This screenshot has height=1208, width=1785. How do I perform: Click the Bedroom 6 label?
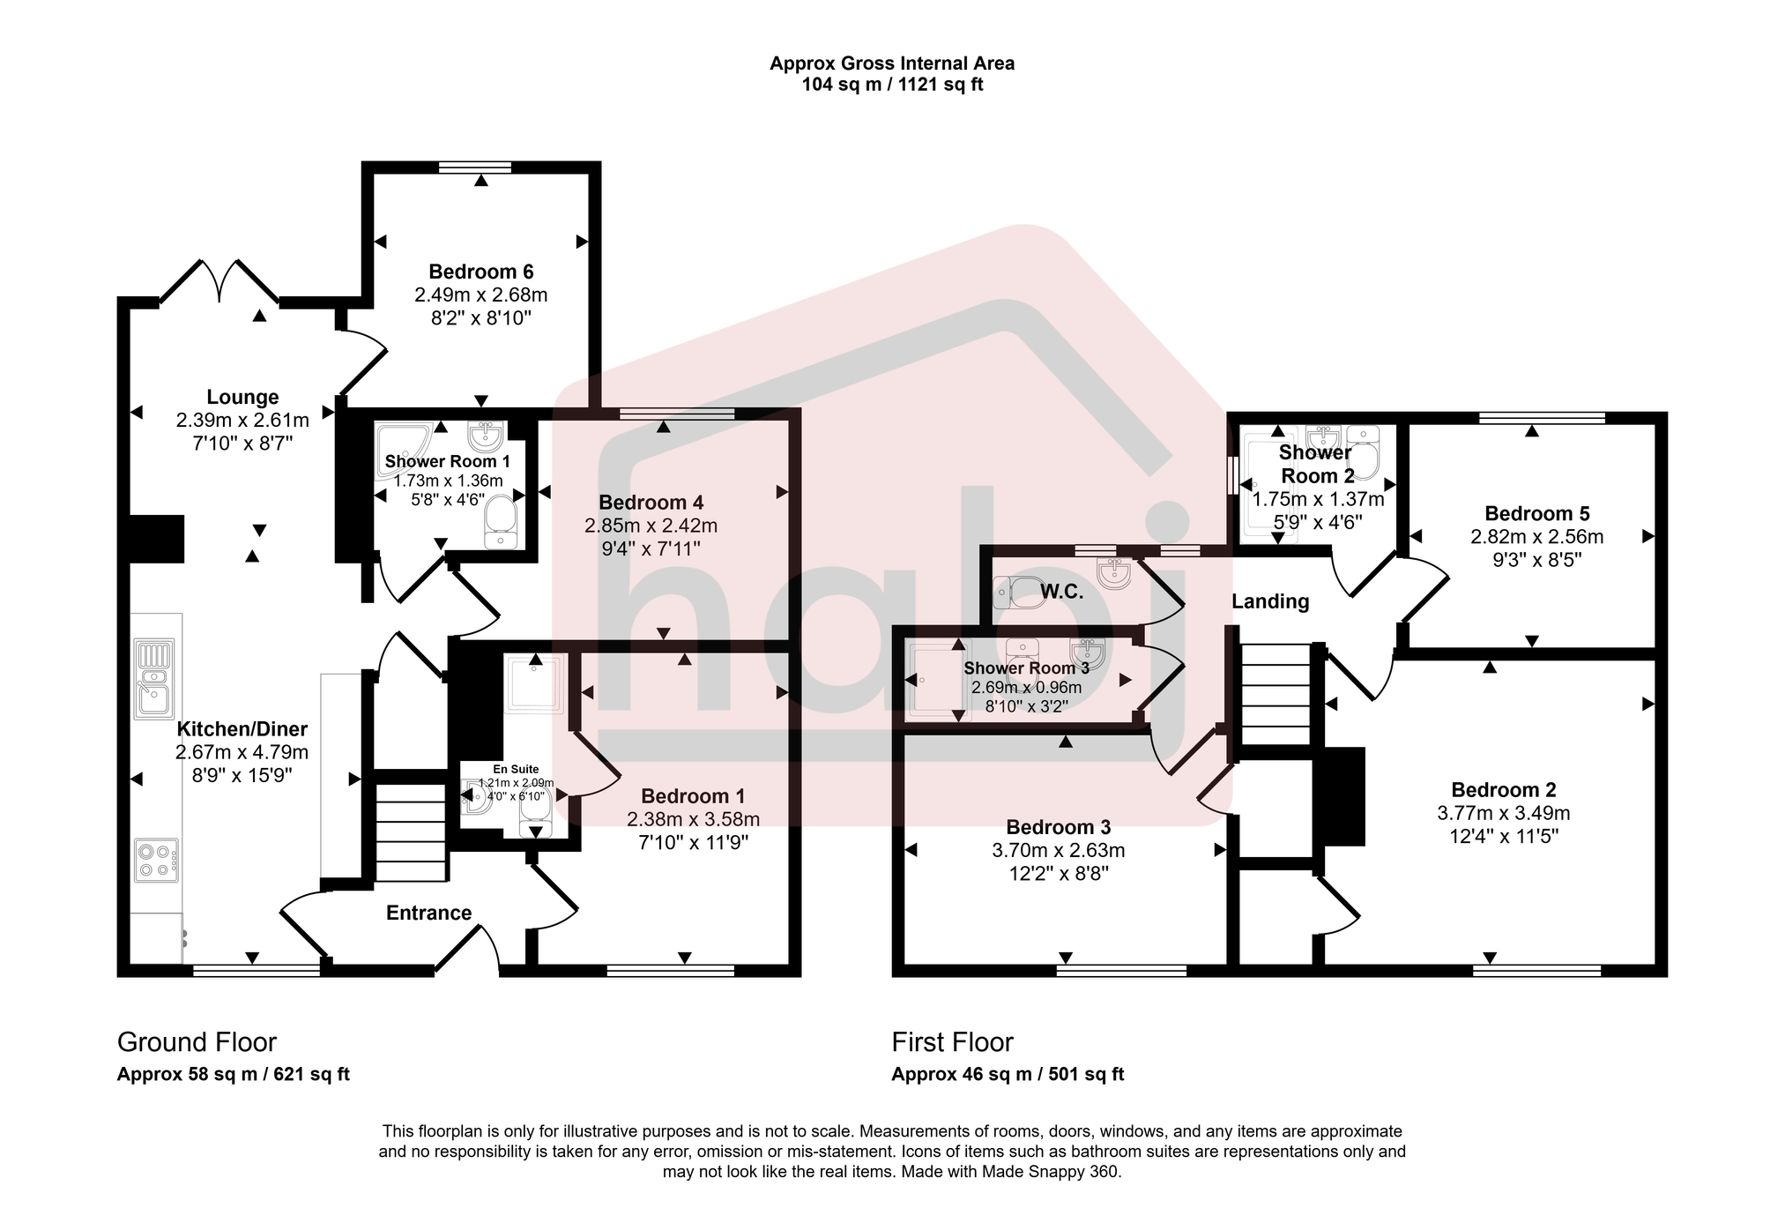click(480, 272)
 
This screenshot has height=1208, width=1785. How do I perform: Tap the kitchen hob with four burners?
click(157, 861)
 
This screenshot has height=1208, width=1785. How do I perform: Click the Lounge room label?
click(242, 397)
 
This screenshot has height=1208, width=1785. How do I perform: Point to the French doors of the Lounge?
click(219, 280)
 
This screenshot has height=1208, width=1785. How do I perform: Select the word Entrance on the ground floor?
click(428, 913)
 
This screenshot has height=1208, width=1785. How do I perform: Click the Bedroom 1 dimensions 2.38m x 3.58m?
click(693, 819)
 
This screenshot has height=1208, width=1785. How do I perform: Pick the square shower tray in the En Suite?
click(534, 682)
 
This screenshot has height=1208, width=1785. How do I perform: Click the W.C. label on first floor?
click(1061, 592)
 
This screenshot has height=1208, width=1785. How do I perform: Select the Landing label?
click(1269, 601)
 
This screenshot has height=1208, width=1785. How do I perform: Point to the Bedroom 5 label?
click(1536, 513)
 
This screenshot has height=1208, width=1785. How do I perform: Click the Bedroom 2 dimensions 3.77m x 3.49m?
click(1503, 813)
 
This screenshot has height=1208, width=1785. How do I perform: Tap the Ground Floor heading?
click(197, 1042)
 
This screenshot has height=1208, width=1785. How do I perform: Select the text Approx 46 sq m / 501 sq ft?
click(1008, 1074)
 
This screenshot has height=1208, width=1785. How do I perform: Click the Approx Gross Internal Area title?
click(891, 63)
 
